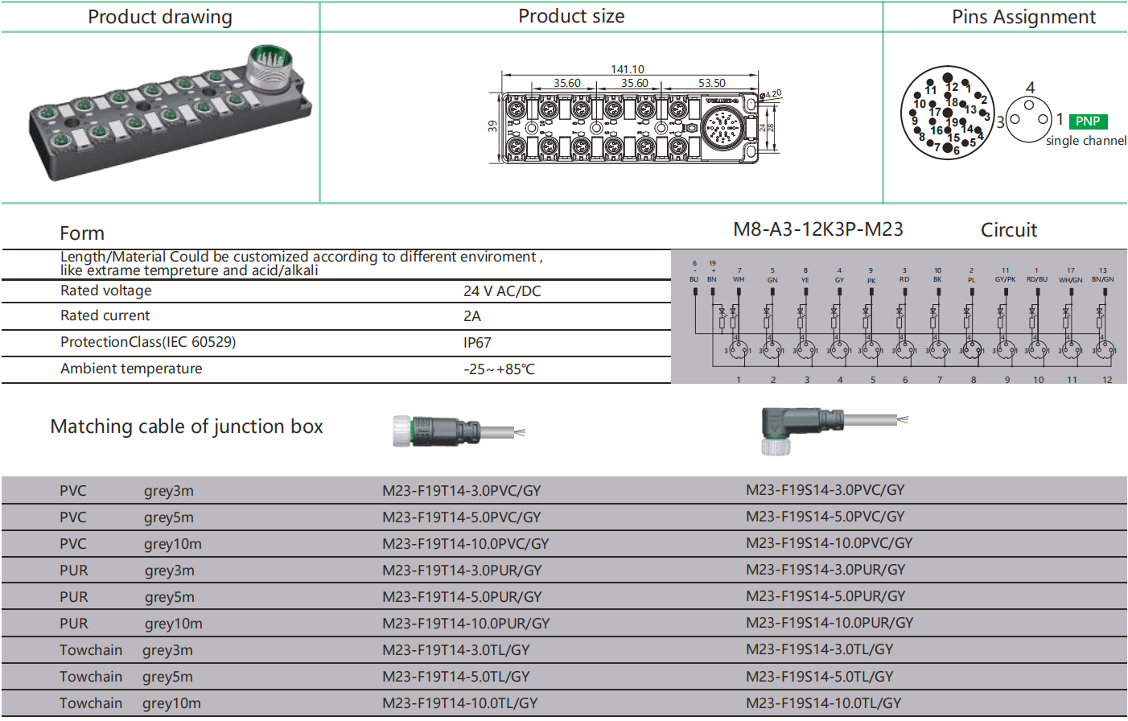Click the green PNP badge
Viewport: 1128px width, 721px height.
tap(1088, 122)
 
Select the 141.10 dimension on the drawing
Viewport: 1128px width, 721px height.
tap(627, 70)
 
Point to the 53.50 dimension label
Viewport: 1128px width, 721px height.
tap(711, 83)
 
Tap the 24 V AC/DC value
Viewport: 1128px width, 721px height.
tap(502, 291)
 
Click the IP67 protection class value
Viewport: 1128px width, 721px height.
tap(477, 343)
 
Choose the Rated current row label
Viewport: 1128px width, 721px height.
tap(105, 315)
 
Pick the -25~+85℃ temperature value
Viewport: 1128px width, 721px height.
tap(499, 369)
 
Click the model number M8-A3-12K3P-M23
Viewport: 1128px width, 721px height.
tap(817, 230)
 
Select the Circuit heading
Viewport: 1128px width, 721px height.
tap(1008, 230)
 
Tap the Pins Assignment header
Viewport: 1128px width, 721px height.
tap(1023, 17)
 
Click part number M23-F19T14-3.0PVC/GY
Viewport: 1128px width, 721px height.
tap(461, 491)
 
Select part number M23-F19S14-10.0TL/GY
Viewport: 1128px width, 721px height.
tap(823, 703)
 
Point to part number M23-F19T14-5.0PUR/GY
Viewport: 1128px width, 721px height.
tap(462, 597)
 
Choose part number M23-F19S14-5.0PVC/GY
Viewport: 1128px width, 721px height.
tap(825, 517)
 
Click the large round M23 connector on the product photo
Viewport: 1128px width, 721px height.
tap(270, 66)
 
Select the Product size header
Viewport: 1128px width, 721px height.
tap(571, 16)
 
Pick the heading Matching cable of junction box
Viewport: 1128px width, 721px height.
tap(187, 426)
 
